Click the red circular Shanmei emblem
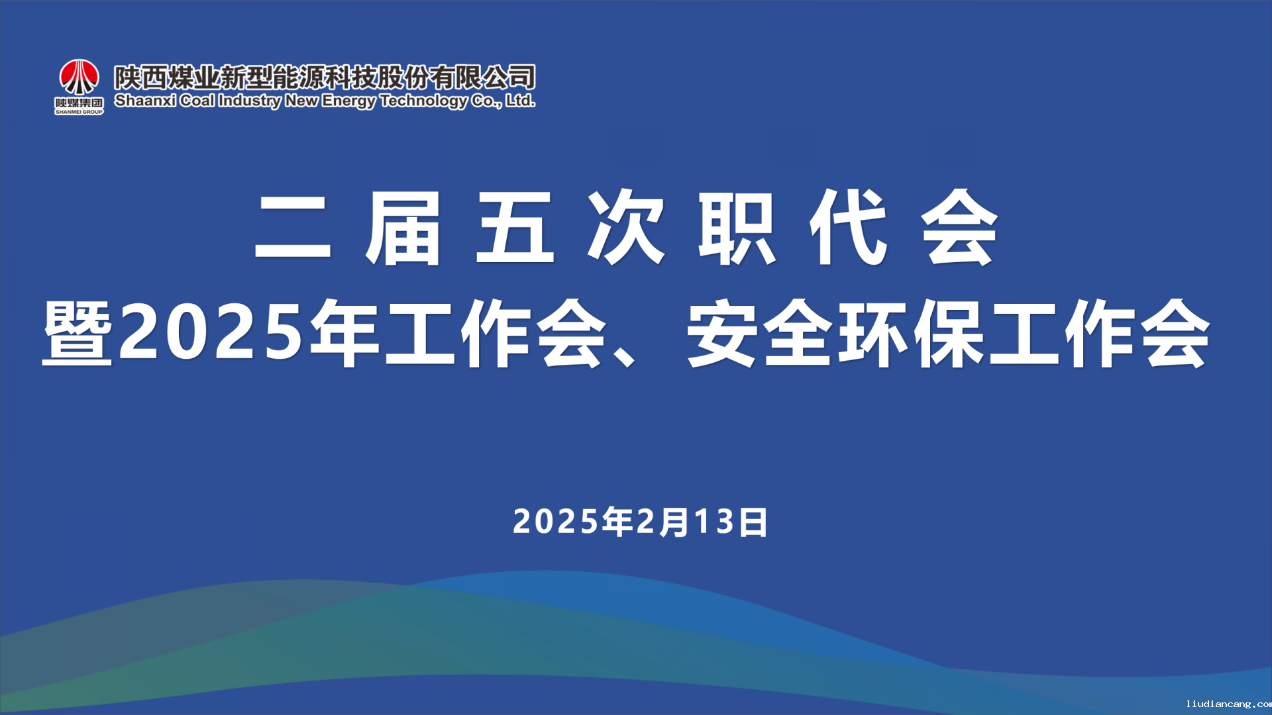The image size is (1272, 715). coord(79,77)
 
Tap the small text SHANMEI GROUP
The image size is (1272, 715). coord(79,112)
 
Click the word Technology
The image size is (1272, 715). coord(424,102)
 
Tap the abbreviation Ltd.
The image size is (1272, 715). coord(521,101)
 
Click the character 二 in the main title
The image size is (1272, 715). coord(293,228)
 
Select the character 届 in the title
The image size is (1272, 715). coord(403,228)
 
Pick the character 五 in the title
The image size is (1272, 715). coord(515,228)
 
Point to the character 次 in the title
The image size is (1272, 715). coord(626,228)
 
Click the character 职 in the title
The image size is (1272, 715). coord(737,228)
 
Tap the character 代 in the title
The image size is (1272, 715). coord(848,228)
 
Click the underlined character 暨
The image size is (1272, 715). coord(77,333)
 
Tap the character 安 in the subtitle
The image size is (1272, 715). coord(722,333)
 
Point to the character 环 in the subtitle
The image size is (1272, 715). coord(873,333)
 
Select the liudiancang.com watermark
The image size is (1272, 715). coord(1229,704)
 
